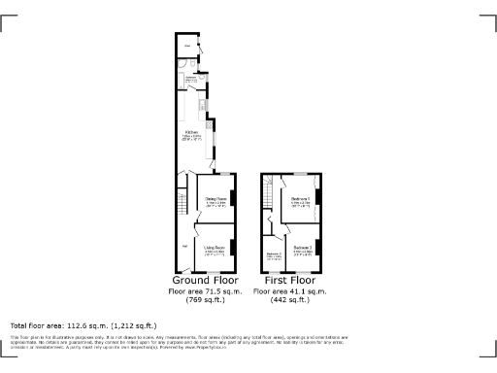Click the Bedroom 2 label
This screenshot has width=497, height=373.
302,248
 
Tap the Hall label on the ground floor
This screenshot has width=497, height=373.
184,245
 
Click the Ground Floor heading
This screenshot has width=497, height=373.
206,280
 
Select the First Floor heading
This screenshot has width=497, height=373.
288,280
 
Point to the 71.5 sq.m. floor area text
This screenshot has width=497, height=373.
206,290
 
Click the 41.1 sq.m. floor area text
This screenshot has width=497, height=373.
288,290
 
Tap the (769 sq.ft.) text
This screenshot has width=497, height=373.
206,300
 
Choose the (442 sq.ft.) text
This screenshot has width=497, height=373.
288,300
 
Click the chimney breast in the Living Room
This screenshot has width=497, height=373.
233,248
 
